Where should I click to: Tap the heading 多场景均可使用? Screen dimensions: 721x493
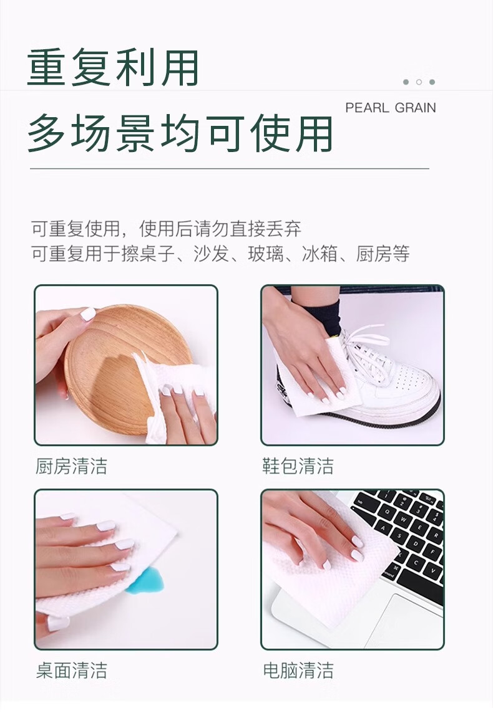(x=180, y=133)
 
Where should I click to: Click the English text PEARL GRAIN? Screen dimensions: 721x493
(x=391, y=107)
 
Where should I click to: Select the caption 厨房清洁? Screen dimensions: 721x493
(x=71, y=466)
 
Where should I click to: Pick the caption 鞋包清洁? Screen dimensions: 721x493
(x=298, y=466)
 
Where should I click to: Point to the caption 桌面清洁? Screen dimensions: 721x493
(x=71, y=671)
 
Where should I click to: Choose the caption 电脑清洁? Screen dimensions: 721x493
(x=298, y=671)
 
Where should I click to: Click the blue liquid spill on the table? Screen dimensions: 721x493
(x=146, y=582)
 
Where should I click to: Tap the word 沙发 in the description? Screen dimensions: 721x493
(x=212, y=254)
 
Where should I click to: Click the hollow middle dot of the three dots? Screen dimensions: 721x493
(x=419, y=82)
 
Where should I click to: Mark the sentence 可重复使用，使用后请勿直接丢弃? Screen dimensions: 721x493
(x=167, y=229)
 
